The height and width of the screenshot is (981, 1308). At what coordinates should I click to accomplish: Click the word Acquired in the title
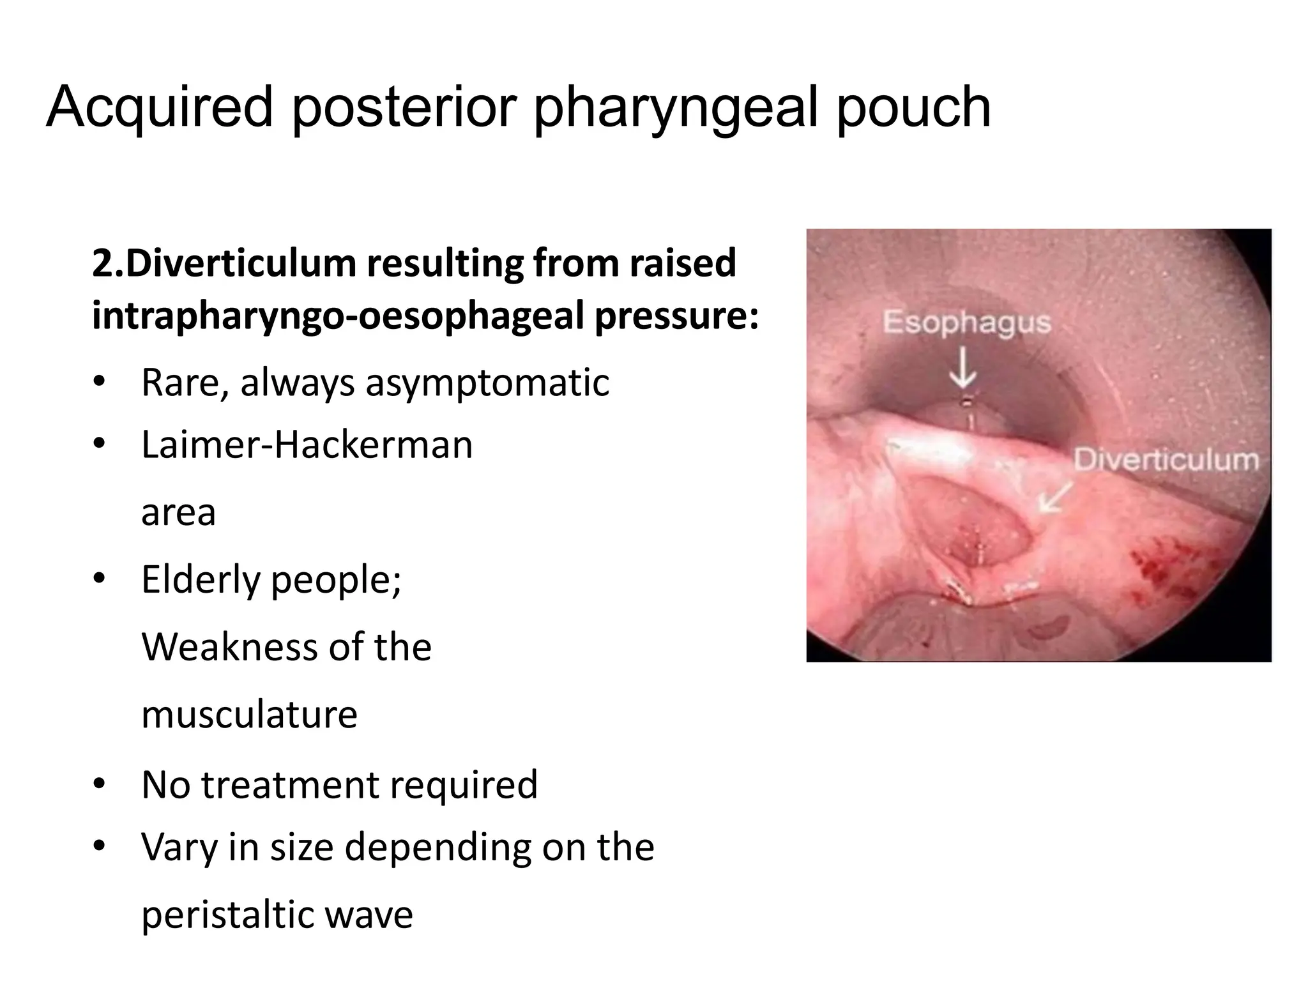160,107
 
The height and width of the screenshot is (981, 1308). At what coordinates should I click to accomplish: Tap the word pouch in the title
913,107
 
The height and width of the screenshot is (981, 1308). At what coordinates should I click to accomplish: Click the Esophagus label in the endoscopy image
966,323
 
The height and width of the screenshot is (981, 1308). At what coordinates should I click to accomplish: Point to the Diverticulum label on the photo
1166,460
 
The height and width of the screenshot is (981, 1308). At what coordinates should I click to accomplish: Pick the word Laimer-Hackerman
307,445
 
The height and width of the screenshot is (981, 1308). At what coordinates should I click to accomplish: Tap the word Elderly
201,580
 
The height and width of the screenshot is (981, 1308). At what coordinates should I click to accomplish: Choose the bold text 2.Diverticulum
224,264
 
